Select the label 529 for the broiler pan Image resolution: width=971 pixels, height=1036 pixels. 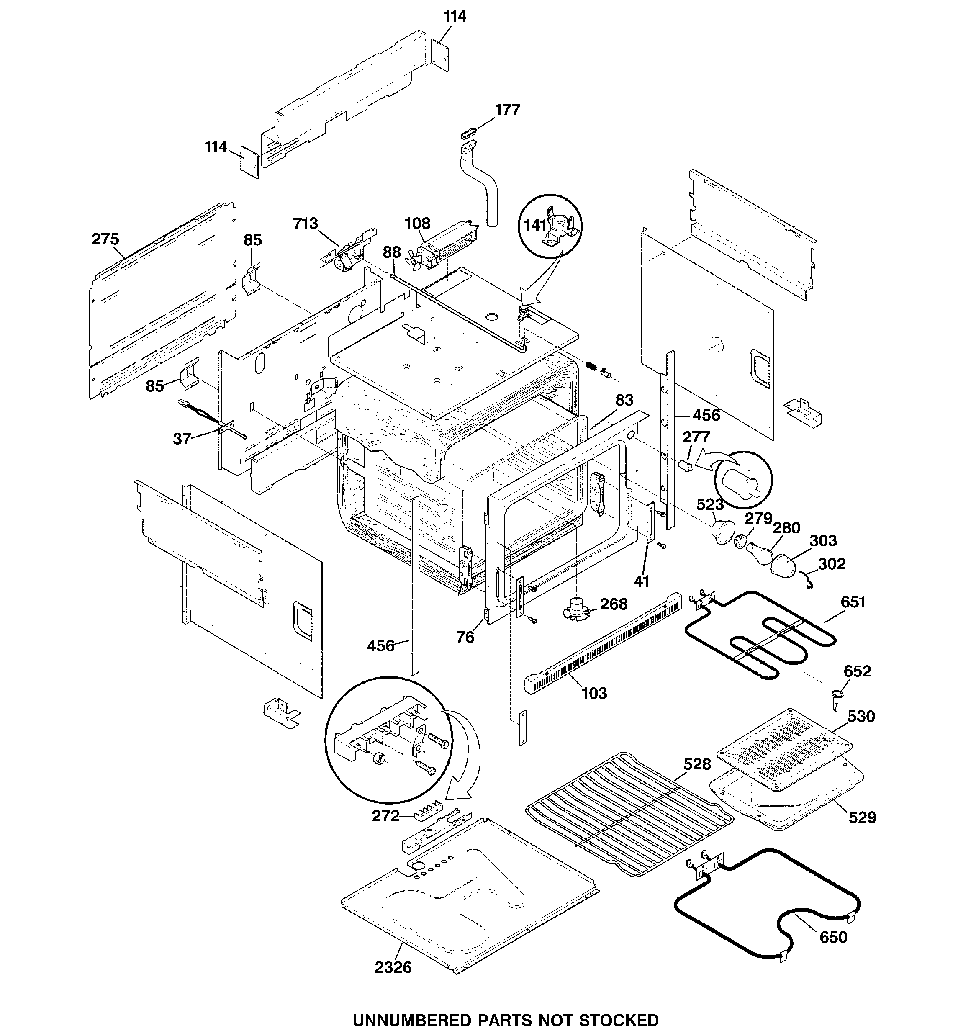[862, 817]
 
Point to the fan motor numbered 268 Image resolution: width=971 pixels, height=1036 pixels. [576, 609]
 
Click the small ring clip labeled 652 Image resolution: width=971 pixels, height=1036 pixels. [835, 695]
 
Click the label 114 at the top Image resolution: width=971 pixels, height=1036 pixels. [455, 17]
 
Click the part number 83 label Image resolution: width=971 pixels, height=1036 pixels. [624, 400]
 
